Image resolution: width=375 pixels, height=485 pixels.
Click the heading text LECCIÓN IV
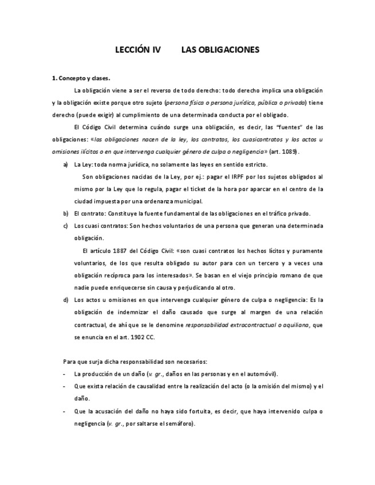138,50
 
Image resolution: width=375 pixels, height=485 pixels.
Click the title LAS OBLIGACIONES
220,50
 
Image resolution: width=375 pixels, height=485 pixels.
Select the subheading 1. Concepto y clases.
81,78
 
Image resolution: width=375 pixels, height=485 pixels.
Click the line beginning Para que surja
135,361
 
